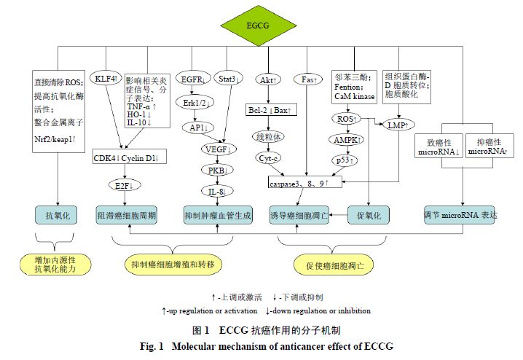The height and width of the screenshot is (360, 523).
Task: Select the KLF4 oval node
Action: click(105, 77)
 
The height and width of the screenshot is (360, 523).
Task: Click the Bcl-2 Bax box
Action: click(269, 110)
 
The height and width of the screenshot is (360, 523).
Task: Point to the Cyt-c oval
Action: click(268, 157)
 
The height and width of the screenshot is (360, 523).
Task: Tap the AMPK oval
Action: click(346, 139)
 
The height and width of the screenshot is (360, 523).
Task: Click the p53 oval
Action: click(345, 160)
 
